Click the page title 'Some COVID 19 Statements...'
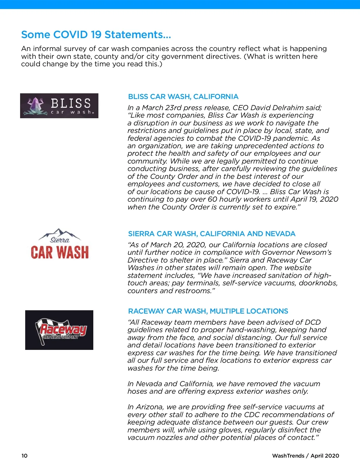(96, 35)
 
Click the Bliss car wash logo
(59, 106)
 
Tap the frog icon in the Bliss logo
(35, 106)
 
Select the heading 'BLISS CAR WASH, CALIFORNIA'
(183, 97)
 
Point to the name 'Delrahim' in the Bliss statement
(288, 108)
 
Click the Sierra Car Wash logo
(60, 244)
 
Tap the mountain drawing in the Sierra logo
(60, 233)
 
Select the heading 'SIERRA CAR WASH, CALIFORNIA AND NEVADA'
(211, 234)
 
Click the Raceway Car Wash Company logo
(59, 330)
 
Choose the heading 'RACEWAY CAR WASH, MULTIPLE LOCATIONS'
(208, 311)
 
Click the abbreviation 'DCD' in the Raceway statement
(313, 322)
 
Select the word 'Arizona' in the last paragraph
(150, 407)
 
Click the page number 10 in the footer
(24, 456)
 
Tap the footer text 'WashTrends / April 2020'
(305, 456)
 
